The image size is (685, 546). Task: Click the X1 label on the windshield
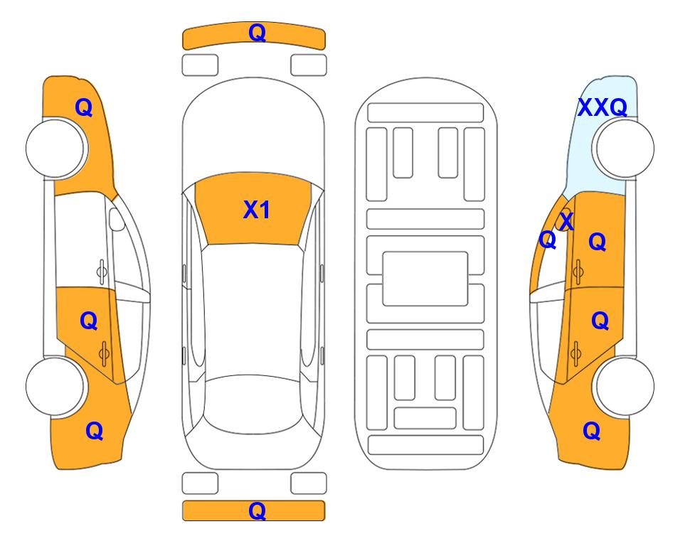point(257,210)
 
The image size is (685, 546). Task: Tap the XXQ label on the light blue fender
point(602,107)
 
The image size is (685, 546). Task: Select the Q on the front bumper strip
point(257,33)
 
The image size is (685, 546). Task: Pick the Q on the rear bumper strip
point(257,510)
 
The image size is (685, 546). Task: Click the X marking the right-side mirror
point(566,221)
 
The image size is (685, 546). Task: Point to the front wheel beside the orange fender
point(55,149)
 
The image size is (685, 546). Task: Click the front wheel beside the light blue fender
point(625,149)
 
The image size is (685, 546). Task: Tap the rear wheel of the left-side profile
point(55,386)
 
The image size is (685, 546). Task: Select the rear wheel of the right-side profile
point(625,386)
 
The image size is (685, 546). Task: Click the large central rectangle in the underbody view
point(425,279)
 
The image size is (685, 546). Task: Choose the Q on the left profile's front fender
point(84,107)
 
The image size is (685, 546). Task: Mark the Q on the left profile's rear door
point(89,321)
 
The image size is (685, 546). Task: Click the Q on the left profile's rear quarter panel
point(95,431)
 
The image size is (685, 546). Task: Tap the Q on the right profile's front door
point(598,242)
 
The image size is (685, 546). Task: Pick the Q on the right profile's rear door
point(600,321)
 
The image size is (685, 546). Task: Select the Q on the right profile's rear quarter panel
point(592,431)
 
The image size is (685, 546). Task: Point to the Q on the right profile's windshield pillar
point(548,240)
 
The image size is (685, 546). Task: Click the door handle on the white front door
point(102,272)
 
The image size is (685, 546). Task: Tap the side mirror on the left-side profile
point(117,219)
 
